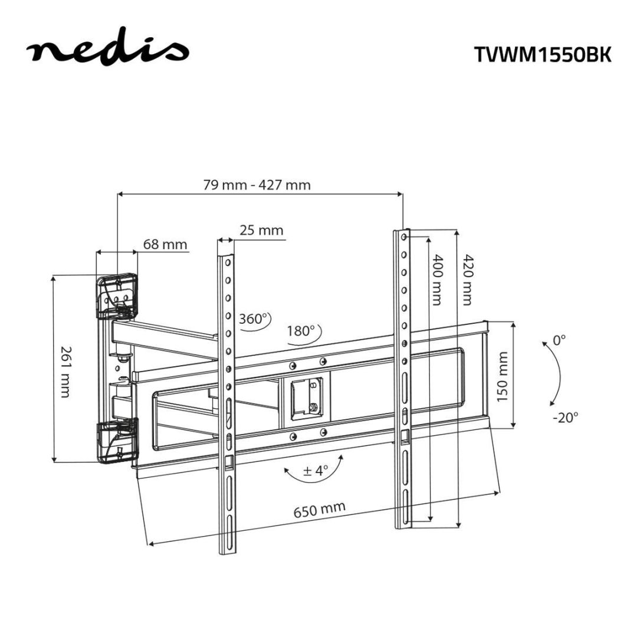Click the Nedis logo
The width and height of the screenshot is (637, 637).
coord(107,52)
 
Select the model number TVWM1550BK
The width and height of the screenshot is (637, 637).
coord(542,54)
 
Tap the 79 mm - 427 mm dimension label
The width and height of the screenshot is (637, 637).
coord(257,185)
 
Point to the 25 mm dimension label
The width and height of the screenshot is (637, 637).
coord(262,230)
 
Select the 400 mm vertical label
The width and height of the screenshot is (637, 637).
coord(437,280)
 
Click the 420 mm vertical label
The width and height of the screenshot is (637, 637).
coord(467,280)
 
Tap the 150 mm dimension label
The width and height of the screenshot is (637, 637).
coord(502,376)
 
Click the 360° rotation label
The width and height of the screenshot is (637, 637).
coord(254,319)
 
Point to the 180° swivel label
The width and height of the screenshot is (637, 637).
coord(301,331)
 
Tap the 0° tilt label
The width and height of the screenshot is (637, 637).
coord(559,340)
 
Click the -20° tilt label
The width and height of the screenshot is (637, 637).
coord(566,416)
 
